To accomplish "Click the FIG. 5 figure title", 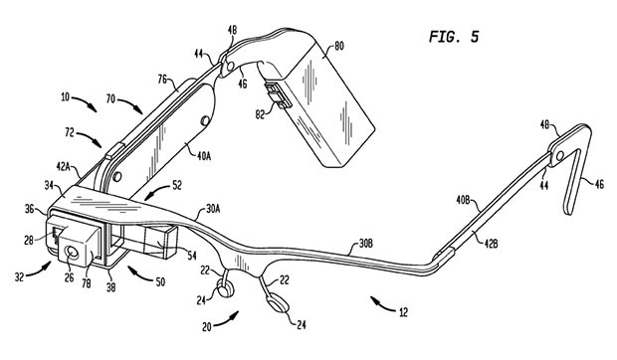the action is coord(454,37).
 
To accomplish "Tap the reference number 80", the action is coord(338,46).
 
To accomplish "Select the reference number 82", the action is coord(260,114).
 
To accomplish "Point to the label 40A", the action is coord(204,156).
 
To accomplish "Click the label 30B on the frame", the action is coord(365,244).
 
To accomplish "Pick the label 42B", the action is coord(491,244).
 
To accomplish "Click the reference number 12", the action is coord(403,312).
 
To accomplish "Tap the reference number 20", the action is coord(207,326).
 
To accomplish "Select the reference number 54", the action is coord(192,256).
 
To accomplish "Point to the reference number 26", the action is coord(70,277).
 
